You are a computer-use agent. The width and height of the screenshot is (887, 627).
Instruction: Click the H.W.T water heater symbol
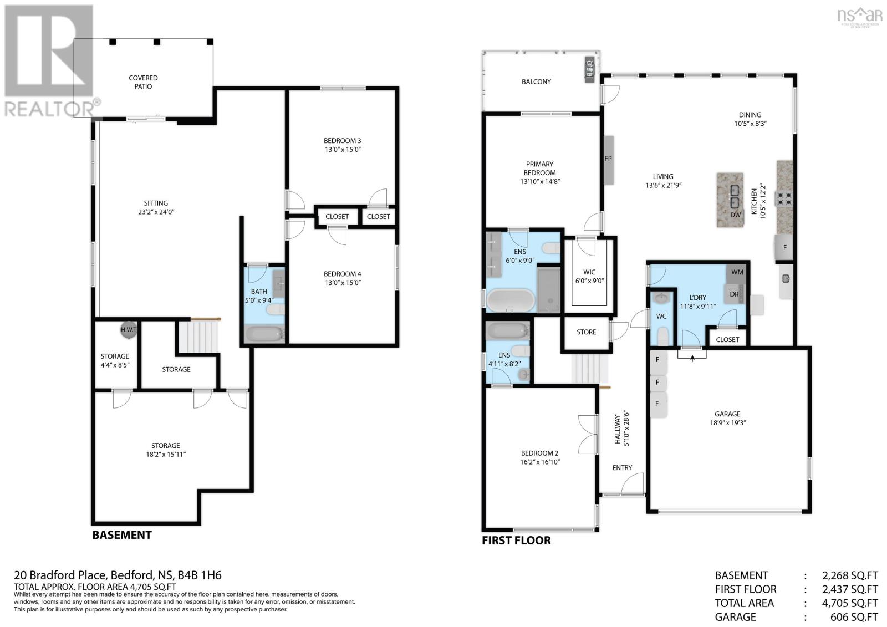tap(129, 329)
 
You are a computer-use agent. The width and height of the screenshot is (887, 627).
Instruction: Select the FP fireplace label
tap(608, 159)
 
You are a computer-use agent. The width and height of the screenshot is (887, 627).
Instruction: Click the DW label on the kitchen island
tap(735, 215)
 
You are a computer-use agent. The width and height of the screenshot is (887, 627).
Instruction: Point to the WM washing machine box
tap(737, 272)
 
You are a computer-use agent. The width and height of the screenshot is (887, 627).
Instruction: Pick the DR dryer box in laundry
tap(735, 294)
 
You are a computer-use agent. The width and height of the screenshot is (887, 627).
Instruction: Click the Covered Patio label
tap(143, 82)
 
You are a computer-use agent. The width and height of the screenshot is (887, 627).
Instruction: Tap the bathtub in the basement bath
tap(265, 334)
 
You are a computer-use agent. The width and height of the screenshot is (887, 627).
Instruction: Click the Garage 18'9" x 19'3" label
tap(727, 419)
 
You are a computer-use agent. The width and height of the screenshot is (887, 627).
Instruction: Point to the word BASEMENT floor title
tap(122, 535)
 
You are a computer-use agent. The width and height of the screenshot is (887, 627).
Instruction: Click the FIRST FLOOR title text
tap(516, 541)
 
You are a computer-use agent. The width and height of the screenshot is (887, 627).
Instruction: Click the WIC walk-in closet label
tap(589, 276)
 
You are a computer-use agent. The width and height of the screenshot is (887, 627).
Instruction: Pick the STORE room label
tap(586, 332)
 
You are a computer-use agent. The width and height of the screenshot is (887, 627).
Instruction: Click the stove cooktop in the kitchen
tap(785, 198)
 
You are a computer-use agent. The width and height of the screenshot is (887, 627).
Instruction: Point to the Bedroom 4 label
tap(343, 278)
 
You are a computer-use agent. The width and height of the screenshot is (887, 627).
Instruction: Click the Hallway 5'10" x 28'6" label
tap(622, 429)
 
